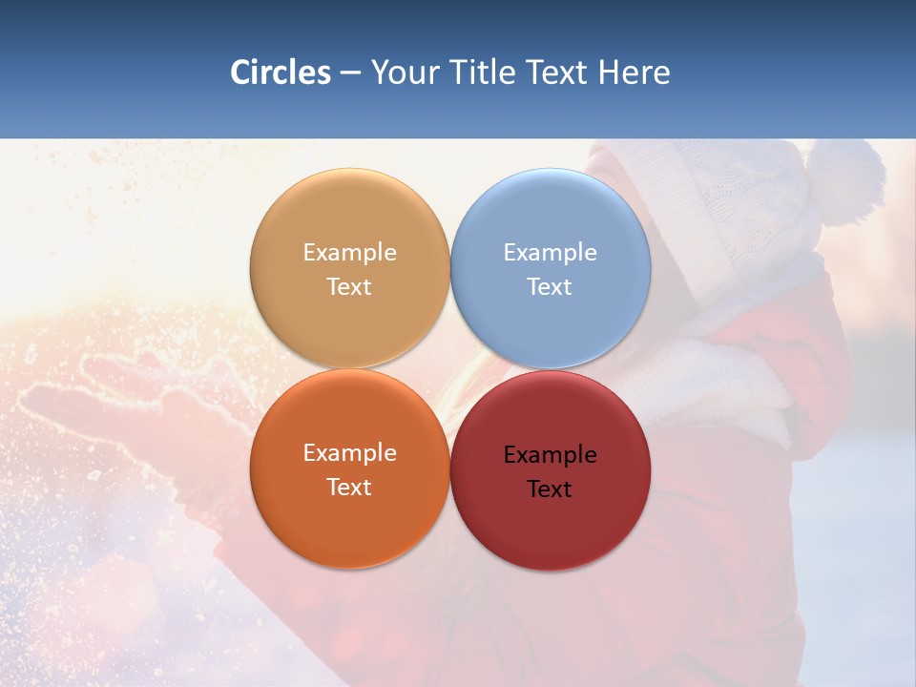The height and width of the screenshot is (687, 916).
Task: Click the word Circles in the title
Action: point(280,73)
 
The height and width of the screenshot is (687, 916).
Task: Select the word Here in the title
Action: point(635,73)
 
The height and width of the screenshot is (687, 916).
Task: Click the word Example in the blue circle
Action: point(551,253)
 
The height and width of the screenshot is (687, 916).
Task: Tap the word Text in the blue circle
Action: point(551,287)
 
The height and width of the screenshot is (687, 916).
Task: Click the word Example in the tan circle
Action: point(349,253)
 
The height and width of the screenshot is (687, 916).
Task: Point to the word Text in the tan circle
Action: point(349,287)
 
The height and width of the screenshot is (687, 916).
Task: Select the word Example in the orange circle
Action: point(349,453)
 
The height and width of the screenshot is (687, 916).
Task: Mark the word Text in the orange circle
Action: point(349,488)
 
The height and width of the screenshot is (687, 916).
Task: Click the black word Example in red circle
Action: point(551,455)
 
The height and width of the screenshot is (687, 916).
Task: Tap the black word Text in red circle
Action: point(551,489)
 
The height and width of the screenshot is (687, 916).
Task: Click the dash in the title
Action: point(350,73)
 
